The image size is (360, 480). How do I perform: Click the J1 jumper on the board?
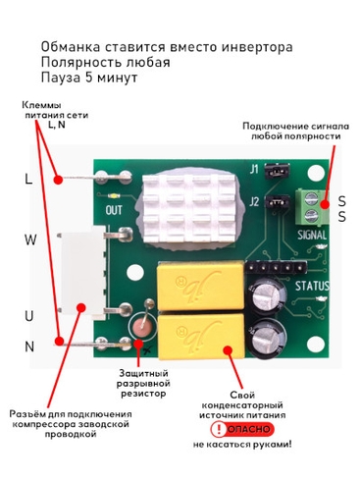click(277, 170)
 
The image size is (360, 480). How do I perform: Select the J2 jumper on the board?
click(278, 203)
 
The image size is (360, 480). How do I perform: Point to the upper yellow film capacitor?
click(201, 286)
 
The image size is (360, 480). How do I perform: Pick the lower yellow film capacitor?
click(201, 337)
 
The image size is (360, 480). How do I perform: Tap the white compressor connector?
click(82, 272)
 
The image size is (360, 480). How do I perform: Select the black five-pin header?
click(277, 268)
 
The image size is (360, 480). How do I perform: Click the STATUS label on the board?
click(312, 286)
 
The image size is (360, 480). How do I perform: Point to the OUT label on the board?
click(114, 210)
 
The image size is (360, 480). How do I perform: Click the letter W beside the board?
click(30, 240)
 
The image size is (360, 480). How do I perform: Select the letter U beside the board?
click(29, 316)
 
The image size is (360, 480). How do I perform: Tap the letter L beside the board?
click(28, 179)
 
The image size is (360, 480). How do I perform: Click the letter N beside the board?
click(29, 347)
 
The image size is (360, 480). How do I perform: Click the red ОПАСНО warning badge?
click(242, 429)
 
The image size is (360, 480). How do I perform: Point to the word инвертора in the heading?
click(257, 47)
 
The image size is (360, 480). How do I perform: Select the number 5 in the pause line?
click(89, 78)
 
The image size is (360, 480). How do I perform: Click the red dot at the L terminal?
click(58, 180)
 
